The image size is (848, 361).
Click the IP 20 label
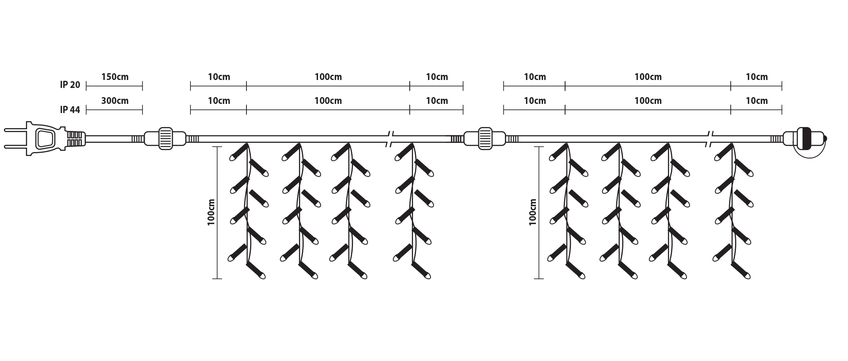coord(70,85)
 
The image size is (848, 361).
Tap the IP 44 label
coord(70,109)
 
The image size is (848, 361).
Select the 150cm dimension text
coord(115,77)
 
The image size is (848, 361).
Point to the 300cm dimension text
coord(115,101)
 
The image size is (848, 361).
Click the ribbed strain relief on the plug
coord(76,139)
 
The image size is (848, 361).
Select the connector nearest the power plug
coord(165,139)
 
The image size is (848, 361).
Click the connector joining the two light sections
coord(485,139)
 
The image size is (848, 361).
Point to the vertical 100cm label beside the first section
coord(211,212)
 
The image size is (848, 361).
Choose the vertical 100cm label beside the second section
coord(533,212)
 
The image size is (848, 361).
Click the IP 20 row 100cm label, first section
coord(328,77)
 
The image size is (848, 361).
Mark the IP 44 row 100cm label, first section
coord(328,101)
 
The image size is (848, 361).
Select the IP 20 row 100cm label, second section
coord(648,77)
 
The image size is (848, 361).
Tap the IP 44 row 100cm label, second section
coord(648,101)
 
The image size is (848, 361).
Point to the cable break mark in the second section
coord(710,139)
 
